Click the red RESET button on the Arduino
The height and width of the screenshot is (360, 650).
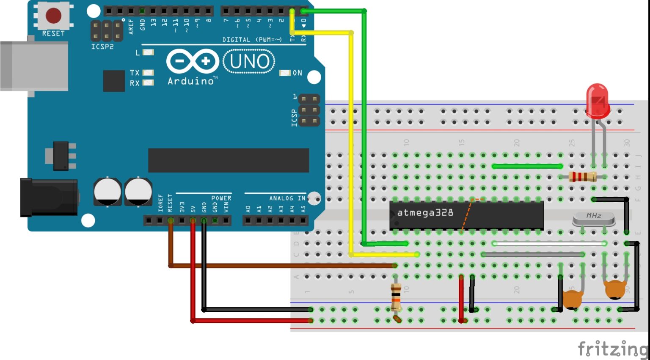53,16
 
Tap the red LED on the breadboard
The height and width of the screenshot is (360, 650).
597,101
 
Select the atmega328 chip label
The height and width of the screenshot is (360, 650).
425,212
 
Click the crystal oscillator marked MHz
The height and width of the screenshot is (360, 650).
593,218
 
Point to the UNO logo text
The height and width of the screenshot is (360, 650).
249,62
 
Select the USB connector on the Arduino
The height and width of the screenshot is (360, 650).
34,66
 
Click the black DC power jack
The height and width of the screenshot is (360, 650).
49,197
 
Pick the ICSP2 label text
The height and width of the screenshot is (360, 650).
102,47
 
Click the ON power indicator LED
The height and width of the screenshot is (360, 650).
285,73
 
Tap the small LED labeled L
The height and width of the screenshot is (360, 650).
148,52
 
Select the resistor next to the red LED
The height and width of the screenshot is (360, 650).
582,177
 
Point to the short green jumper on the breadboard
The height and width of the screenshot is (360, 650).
527,166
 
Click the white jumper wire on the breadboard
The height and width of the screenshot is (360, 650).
548,243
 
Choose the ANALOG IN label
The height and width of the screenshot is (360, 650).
287,198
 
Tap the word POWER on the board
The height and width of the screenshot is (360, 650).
221,198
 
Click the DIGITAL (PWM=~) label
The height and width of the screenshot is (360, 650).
252,40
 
